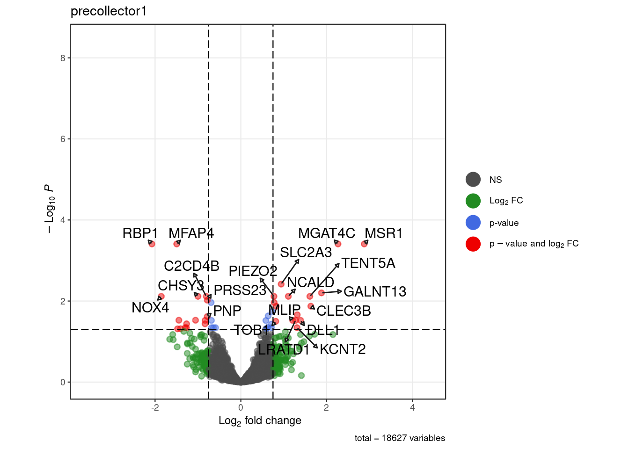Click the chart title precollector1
[109, 11]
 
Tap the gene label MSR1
[383, 233]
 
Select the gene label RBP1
[140, 233]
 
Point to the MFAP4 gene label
[191, 233]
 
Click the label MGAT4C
[326, 233]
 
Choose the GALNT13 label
[374, 292]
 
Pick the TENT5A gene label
[368, 263]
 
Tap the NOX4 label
[150, 308]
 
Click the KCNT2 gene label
[343, 349]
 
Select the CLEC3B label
[344, 311]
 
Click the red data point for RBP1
[152, 244]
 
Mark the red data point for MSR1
[364, 244]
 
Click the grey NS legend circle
[473, 180]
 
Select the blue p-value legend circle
[473, 223]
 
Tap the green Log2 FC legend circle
[473, 201]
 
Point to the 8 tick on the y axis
[63, 58]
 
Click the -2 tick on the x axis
[155, 407]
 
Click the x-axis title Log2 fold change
[260, 421]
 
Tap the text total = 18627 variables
[400, 438]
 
